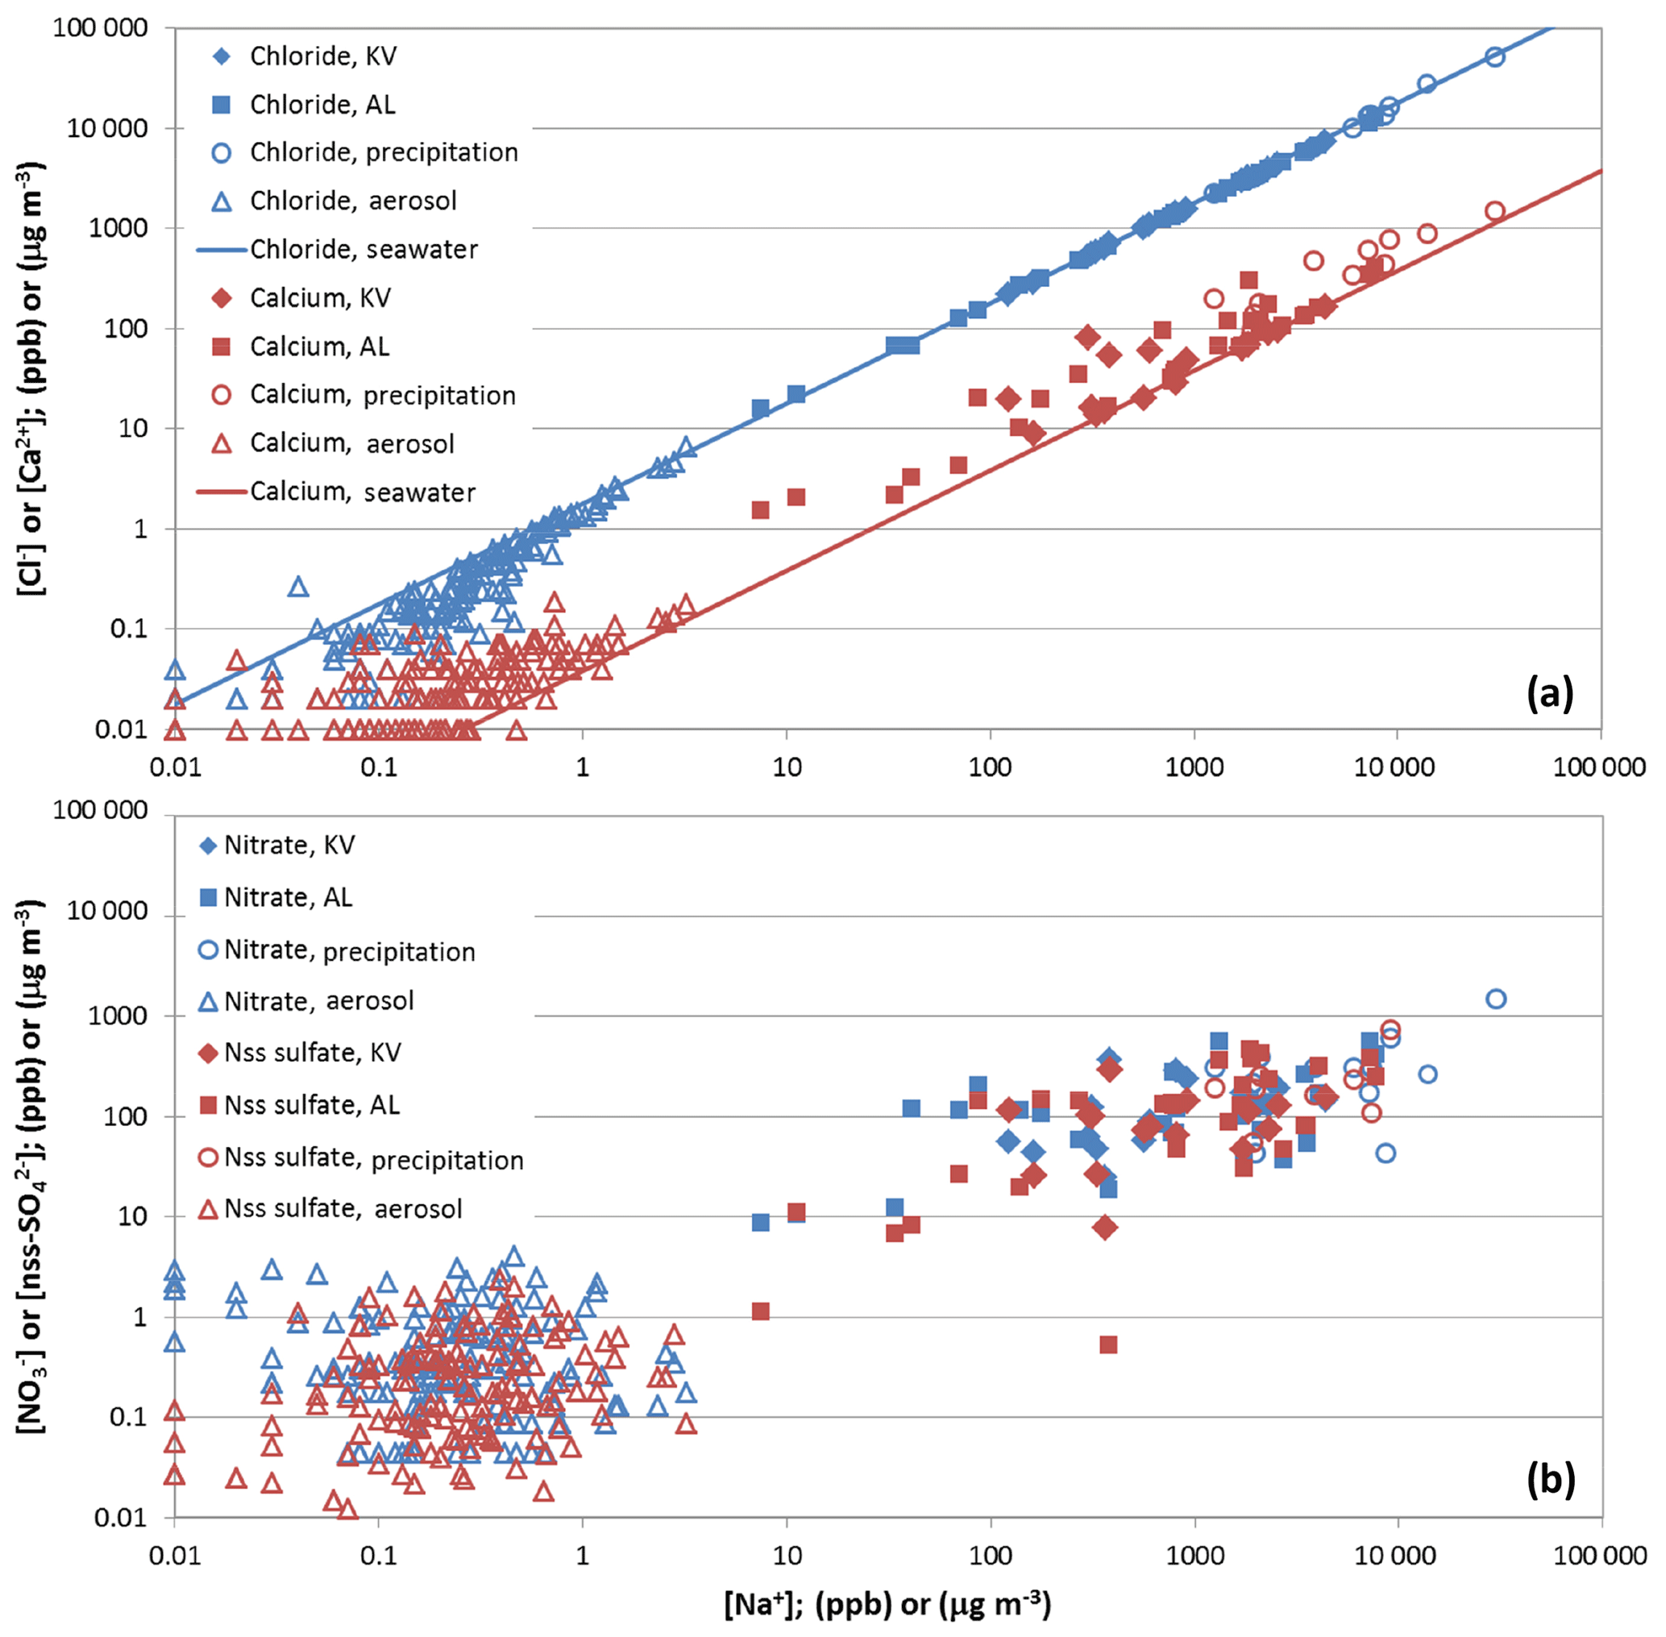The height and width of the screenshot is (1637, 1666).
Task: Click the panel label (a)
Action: (1549, 693)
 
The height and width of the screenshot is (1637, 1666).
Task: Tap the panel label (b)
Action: (1550, 1479)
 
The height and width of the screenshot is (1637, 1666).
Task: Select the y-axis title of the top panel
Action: (31, 378)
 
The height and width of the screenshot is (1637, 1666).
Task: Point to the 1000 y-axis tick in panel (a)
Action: (118, 229)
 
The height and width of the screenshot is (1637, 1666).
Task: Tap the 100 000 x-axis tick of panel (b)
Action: (1600, 1555)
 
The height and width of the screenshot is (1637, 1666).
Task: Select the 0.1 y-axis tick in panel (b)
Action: (128, 1417)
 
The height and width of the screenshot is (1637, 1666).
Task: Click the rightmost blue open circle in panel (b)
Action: (1496, 999)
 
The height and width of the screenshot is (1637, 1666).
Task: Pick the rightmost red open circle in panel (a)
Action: (1495, 211)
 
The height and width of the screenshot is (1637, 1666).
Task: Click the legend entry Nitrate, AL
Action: (287, 898)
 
